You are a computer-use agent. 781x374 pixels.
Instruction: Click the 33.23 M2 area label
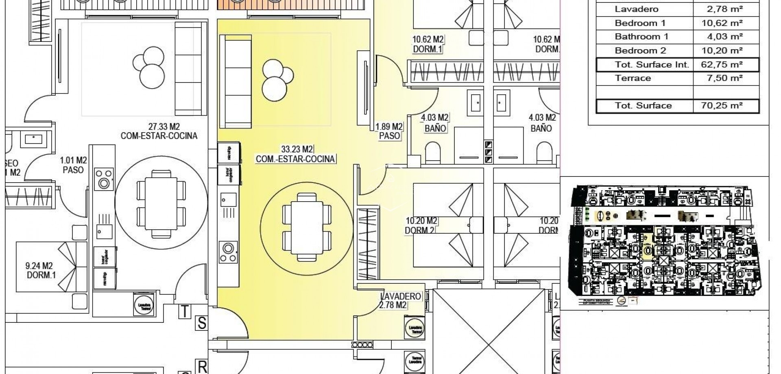pos(297,149)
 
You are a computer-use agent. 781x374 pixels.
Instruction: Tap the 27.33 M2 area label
pos(159,126)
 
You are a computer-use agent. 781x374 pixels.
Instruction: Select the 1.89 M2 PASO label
pos(389,131)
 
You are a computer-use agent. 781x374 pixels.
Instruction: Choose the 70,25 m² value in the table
pos(725,106)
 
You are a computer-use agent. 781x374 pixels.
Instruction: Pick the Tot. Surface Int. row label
pos(652,65)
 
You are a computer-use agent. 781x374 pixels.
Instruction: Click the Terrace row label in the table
pos(633,78)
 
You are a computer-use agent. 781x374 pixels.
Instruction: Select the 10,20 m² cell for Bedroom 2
pos(725,51)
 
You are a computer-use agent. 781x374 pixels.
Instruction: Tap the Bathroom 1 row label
pos(641,37)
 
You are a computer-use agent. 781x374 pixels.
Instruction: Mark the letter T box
pos(185,311)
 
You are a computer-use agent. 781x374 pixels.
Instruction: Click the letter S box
pos(201,324)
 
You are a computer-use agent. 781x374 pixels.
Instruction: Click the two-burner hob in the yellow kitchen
pos(228,252)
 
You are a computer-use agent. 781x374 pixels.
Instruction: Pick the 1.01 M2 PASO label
pos(73,165)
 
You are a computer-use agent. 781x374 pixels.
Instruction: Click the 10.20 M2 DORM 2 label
pos(421,226)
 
